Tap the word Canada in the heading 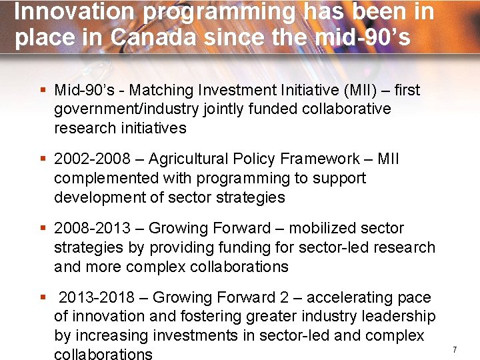coord(154,37)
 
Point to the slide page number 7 coord(454,349)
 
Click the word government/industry coord(120,109)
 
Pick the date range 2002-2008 coord(92,159)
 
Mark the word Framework coord(319,159)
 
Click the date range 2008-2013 coord(92,229)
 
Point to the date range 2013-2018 coord(97,298)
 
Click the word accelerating coord(346,298)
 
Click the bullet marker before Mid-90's coord(43,90)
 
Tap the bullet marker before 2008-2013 coord(43,229)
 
